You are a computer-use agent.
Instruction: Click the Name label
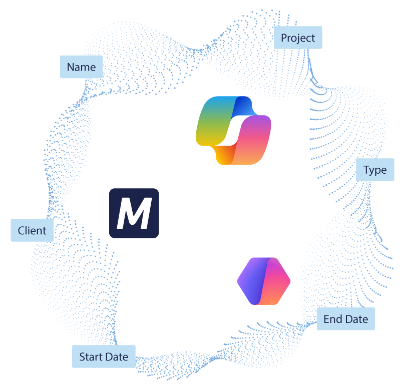pyautogui.click(x=81, y=67)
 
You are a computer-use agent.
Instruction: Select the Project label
pyautogui.click(x=298, y=38)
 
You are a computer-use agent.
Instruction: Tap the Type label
pyautogui.click(x=375, y=170)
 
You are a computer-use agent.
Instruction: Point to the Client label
pyautogui.click(x=32, y=231)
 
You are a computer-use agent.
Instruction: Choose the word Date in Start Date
pyautogui.click(x=117, y=357)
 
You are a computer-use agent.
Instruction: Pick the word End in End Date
pyautogui.click(x=332, y=319)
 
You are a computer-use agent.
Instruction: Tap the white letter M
pyautogui.click(x=134, y=214)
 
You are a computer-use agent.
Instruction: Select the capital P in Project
pyautogui.click(x=284, y=38)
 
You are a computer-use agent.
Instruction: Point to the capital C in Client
pyautogui.click(x=22, y=231)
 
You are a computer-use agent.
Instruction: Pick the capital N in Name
pyautogui.click(x=71, y=67)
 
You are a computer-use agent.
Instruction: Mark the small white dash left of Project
pyautogui.click(x=255, y=16)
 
